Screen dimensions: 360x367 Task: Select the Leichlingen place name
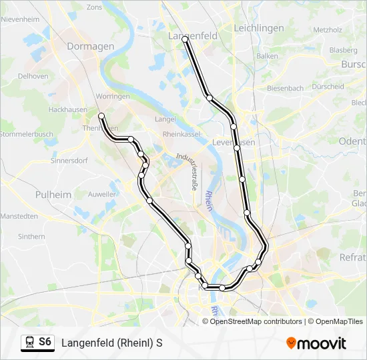point(259,28)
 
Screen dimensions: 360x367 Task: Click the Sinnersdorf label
point(69,161)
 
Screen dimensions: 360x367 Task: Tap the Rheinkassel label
point(181,134)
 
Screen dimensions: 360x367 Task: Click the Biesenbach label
point(285,88)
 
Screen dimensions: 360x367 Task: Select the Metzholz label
point(327,30)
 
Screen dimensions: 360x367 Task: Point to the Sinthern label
point(31,236)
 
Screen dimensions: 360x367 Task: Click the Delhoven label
point(33,76)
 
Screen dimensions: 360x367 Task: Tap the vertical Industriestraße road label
point(185,172)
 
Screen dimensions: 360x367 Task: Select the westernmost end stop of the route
point(101,116)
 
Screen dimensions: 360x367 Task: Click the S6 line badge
point(45,342)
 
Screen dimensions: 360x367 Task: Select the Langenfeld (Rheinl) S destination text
point(112,343)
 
